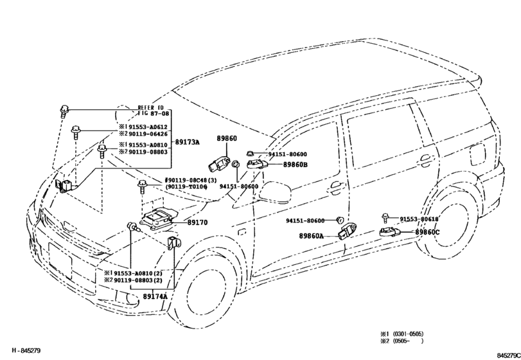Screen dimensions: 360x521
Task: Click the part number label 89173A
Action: click(188, 141)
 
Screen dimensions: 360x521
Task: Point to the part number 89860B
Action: click(296, 165)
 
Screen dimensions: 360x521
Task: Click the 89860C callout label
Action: click(427, 232)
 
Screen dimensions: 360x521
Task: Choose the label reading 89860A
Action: click(311, 236)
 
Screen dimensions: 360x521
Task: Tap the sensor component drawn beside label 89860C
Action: click(391, 232)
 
